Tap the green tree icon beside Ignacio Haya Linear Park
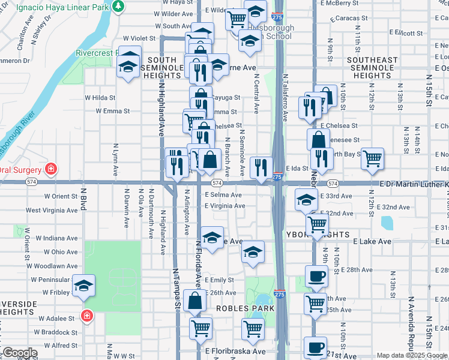pos(119,5)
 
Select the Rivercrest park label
pos(97,53)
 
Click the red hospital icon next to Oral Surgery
pos(52,169)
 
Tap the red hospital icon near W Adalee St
pos(86,315)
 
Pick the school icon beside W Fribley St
pos(83,285)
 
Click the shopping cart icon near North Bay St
pos(373,158)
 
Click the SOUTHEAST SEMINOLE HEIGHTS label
pos(372,68)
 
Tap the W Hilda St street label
pos(100,97)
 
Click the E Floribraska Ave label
pos(235,352)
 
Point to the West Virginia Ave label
pos(52,211)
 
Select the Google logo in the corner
pos(19,353)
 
